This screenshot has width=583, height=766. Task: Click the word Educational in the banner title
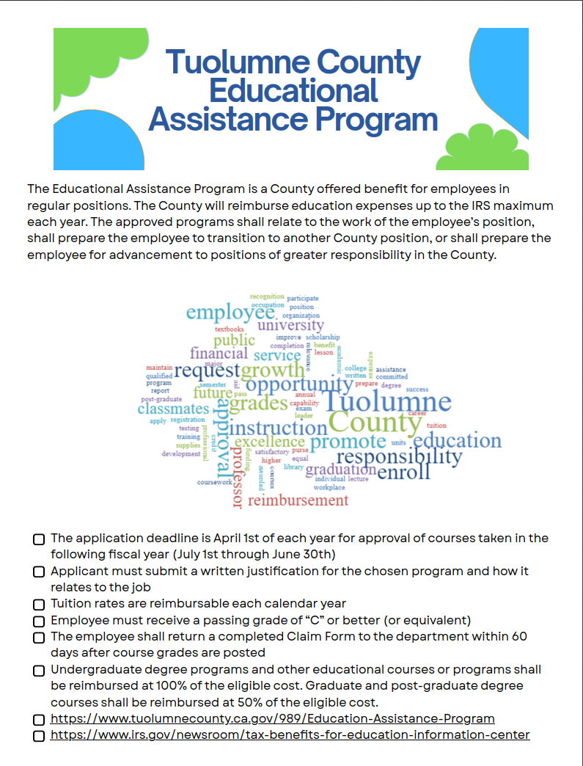[x=293, y=90]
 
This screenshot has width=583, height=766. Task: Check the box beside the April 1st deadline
[x=39, y=539]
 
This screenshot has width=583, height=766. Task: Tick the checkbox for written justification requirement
[x=39, y=572]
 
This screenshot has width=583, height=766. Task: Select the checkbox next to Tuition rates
[x=39, y=605]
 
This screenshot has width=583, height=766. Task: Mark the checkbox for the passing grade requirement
[x=39, y=621]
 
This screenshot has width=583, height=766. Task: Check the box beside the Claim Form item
[x=39, y=638]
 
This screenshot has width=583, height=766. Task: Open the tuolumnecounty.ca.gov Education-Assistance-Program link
[x=272, y=718]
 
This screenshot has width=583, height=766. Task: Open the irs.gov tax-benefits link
[x=290, y=734]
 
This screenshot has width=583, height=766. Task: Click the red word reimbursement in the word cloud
[x=298, y=501]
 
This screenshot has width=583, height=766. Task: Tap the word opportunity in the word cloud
[x=298, y=384]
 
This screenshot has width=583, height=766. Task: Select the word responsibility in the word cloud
[x=399, y=457]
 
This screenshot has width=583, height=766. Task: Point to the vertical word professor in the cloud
[x=237, y=477]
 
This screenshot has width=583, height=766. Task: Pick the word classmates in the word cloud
[x=173, y=409]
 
